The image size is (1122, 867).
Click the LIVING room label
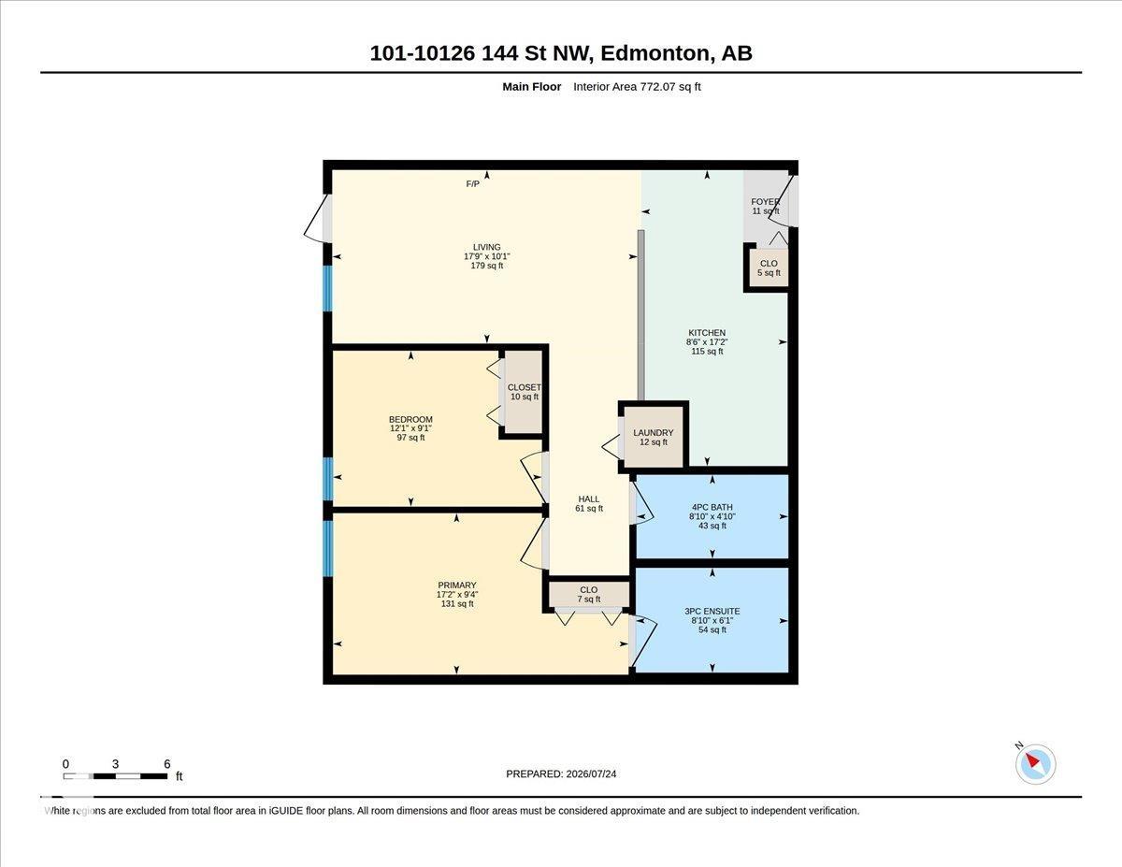click(x=486, y=247)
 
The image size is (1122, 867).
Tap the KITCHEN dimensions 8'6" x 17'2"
click(x=707, y=341)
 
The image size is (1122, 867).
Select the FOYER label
click(x=765, y=202)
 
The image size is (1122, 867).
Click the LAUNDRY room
click(x=654, y=437)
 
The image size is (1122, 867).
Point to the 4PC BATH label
click(x=712, y=507)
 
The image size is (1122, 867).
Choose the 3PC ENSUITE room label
click(x=712, y=611)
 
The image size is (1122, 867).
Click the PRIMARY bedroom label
click(x=457, y=585)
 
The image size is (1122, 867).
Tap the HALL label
click(x=589, y=499)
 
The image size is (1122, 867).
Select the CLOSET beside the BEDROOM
click(x=525, y=392)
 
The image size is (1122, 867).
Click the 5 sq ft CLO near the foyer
click(x=769, y=268)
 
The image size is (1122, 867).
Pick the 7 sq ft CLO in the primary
click(x=589, y=594)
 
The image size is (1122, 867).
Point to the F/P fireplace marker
click(x=472, y=184)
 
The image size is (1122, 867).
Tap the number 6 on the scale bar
click(x=166, y=764)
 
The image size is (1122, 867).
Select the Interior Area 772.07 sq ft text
click(x=637, y=87)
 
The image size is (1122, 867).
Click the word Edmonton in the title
click(x=655, y=53)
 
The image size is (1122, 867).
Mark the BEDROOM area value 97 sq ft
click(x=410, y=438)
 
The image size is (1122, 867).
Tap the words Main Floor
click(x=532, y=87)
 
